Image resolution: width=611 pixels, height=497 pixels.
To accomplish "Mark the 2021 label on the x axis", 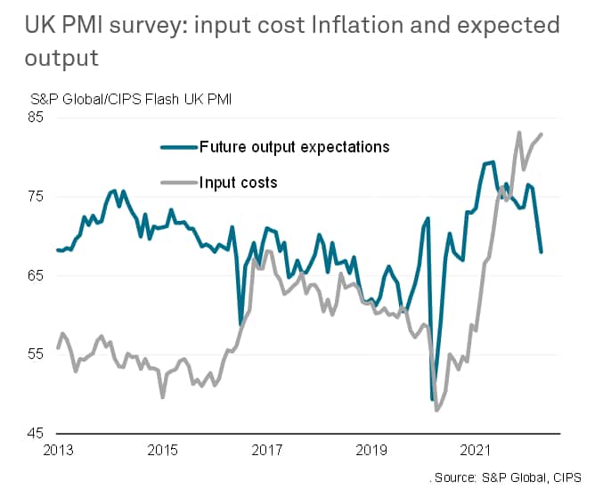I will [479, 450].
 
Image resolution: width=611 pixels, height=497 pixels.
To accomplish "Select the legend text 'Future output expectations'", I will [294, 146].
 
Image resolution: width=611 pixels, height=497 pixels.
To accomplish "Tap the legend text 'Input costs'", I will [239, 183].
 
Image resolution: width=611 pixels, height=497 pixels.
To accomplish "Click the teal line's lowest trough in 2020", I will [433, 400].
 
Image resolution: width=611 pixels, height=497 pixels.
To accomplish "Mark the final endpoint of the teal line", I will [542, 252].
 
